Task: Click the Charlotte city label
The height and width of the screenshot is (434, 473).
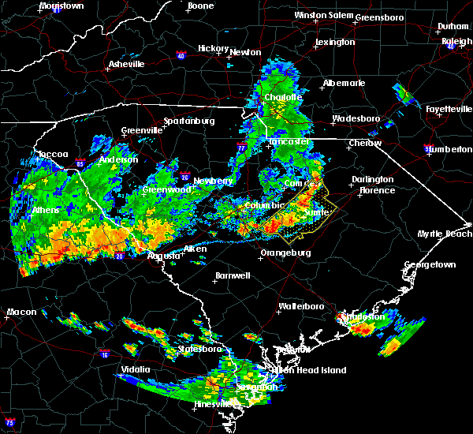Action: point(283,98)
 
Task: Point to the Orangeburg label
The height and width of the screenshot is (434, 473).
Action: point(285,253)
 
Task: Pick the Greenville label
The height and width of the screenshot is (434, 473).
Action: point(140,131)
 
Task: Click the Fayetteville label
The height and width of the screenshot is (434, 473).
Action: point(447,109)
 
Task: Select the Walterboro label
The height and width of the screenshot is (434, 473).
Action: point(302,306)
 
